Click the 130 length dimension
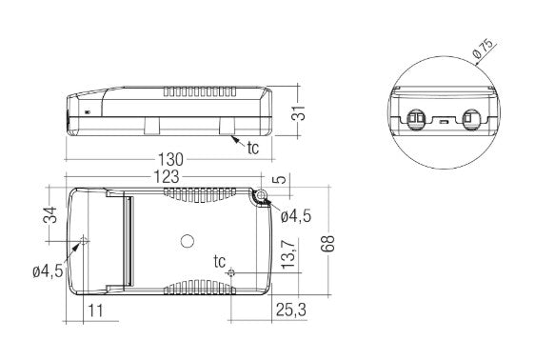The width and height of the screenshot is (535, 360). [170, 159]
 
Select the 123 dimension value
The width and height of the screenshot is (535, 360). [167, 177]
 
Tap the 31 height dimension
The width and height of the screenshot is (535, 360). [298, 112]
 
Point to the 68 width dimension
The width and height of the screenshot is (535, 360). [327, 244]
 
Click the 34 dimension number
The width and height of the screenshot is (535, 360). [50, 214]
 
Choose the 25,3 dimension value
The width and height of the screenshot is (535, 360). [290, 310]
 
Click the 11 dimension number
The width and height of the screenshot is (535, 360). [95, 310]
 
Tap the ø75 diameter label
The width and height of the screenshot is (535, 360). [484, 49]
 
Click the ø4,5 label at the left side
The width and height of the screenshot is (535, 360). [48, 271]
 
